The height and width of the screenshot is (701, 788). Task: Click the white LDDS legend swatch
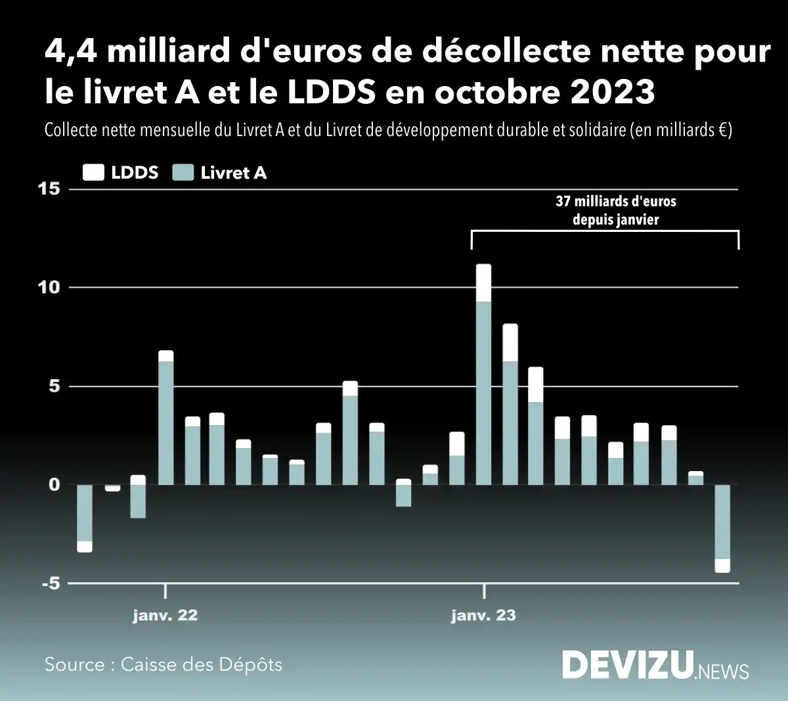coord(93,173)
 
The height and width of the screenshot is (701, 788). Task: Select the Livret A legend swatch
coord(183,173)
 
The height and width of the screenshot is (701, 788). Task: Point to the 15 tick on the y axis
coord(49,189)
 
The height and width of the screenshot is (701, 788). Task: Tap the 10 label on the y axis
coord(49,288)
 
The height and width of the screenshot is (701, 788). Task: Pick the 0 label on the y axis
coord(54,485)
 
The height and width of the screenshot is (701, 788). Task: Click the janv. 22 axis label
coord(165,616)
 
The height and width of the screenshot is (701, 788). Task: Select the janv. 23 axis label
coord(483,616)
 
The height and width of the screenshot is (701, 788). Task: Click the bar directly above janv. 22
coord(166,420)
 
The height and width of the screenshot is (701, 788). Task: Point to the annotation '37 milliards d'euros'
coord(615,202)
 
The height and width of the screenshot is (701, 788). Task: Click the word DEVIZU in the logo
coord(628,665)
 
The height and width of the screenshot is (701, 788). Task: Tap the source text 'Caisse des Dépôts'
coord(202,664)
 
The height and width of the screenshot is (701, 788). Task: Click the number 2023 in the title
coord(611,92)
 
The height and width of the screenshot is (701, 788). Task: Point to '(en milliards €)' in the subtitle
coord(681,129)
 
